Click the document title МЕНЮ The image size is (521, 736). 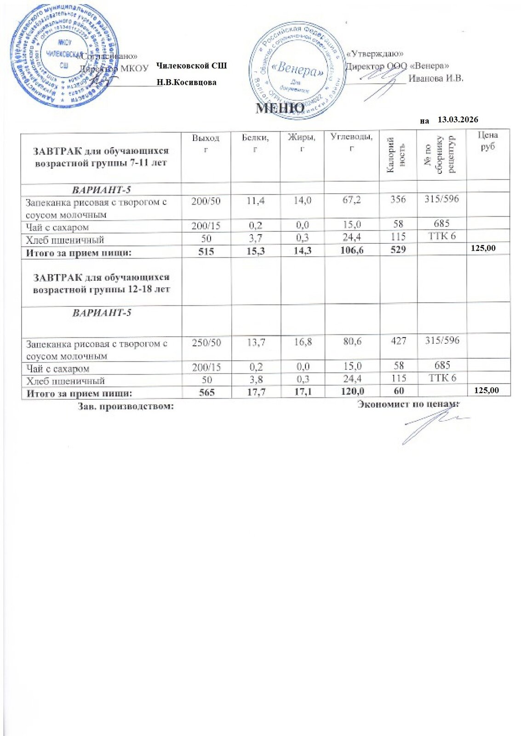pos(280,108)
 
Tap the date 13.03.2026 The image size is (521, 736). pos(458,120)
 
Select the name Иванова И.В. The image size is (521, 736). pos(435,78)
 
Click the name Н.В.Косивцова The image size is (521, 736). pos(186,82)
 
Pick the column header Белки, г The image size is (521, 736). pos(255,143)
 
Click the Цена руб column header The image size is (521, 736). pos(487,141)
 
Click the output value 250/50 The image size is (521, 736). pos(206,342)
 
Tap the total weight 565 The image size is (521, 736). pos(206,393)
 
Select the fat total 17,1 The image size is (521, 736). pos(302,393)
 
